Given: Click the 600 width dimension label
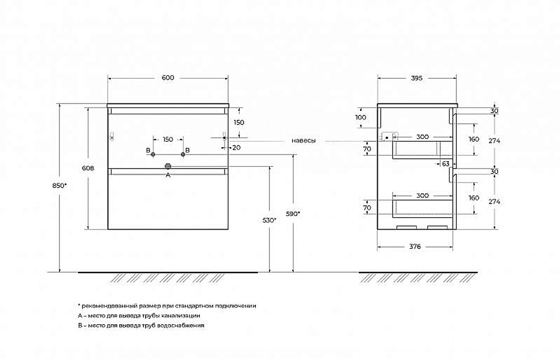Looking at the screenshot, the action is tap(167, 78).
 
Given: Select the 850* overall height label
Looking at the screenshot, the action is tap(59, 186).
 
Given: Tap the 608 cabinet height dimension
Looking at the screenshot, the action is tap(88, 168).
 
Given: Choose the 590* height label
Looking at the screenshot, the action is tap(293, 214).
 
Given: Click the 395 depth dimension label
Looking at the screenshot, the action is tap(417, 78).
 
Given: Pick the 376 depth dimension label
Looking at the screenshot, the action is tap(415, 246).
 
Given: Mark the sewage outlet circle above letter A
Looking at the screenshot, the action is tap(168, 166).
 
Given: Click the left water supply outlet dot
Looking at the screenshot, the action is tap(153, 155).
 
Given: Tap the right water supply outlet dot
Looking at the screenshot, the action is tap(183, 155).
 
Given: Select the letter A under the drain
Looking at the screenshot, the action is tap(168, 175).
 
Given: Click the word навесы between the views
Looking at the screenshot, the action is tap(304, 141).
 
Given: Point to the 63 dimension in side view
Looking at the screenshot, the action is tap(446, 164).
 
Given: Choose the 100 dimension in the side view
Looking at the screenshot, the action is tap(361, 117).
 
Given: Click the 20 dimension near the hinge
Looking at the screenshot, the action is tap(236, 147).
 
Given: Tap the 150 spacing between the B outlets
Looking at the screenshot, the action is tap(168, 139).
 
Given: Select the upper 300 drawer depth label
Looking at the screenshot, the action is tap(422, 137).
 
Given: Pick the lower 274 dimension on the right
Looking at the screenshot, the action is tap(494, 202).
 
